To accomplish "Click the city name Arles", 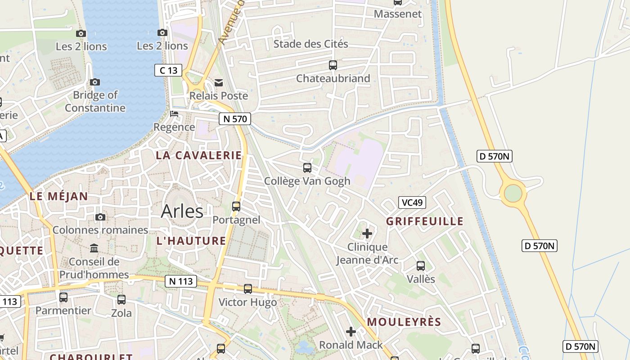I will [x=182, y=211].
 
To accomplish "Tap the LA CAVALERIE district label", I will [x=198, y=155].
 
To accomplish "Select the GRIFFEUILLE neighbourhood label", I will [x=425, y=221].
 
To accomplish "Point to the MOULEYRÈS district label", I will [x=404, y=322].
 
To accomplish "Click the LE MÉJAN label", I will [x=58, y=196].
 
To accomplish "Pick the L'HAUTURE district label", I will [x=191, y=241].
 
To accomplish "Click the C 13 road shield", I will [x=168, y=70].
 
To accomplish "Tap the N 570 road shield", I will [x=234, y=119].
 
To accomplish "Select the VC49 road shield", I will [x=412, y=202].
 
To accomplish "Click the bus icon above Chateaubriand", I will [x=333, y=65].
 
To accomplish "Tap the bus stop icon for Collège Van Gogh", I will [x=307, y=168].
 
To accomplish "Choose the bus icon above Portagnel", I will [x=236, y=207].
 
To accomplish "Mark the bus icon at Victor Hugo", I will [x=248, y=289].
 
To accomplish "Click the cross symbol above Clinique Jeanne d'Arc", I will [x=367, y=234].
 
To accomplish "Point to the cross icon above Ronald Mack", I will [x=351, y=332].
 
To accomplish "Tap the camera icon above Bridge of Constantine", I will [x=95, y=82].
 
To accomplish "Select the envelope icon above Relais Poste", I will [x=219, y=82].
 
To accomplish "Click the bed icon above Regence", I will [x=174, y=114].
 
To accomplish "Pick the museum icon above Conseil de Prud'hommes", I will [x=94, y=248].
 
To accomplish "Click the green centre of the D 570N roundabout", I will [x=513, y=193].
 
